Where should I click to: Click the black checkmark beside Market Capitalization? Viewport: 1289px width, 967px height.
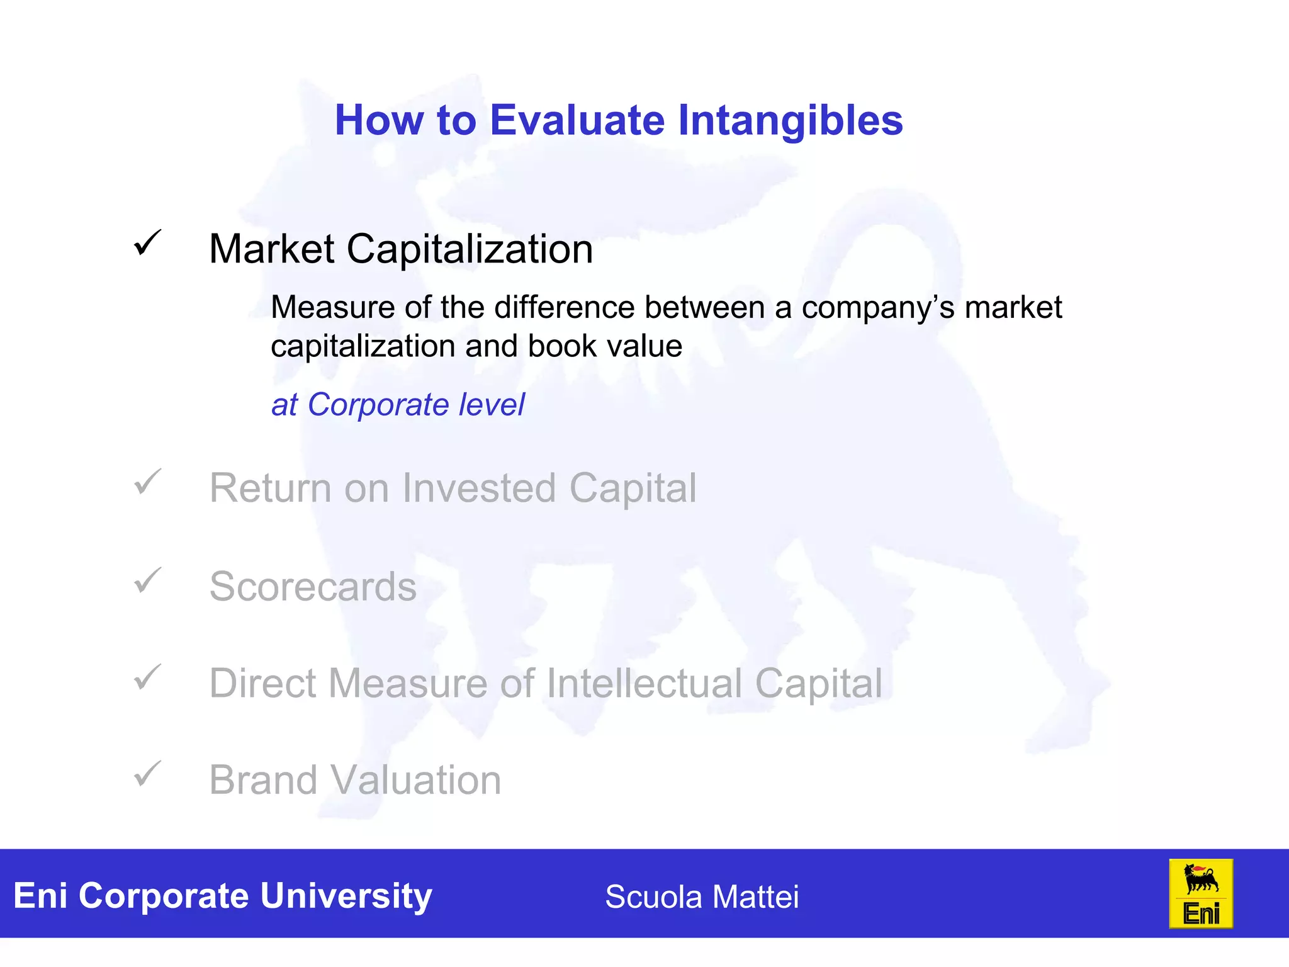click(148, 243)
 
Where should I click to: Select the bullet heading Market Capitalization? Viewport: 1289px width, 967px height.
click(401, 249)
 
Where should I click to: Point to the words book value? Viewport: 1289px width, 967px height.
click(605, 346)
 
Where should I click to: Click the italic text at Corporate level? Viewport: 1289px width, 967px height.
click(398, 404)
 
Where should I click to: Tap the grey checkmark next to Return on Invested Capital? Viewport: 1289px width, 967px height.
click(148, 482)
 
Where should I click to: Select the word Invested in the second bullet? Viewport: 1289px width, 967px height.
click(479, 488)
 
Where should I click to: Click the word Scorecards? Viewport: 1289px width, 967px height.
click(313, 587)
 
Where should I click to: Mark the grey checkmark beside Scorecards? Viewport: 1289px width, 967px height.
click(148, 580)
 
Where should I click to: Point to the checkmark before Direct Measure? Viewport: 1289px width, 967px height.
click(148, 678)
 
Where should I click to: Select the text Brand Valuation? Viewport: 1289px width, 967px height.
click(355, 780)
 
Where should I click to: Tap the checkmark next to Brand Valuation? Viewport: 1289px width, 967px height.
click(148, 774)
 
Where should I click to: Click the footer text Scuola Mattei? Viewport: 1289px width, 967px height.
click(702, 896)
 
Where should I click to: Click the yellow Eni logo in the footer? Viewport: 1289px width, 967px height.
click(1200, 894)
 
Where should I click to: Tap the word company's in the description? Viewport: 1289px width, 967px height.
click(877, 308)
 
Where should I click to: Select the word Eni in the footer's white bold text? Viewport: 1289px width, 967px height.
click(40, 896)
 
